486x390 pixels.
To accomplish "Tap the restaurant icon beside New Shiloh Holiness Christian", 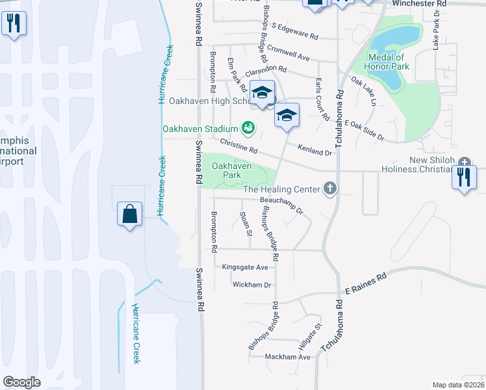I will (x=464, y=176).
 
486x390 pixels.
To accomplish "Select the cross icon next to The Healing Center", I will (x=330, y=189).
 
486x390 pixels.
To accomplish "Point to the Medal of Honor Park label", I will (x=389, y=62).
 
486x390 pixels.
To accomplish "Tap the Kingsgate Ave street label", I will (x=245, y=267).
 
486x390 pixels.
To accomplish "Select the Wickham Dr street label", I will (x=252, y=285).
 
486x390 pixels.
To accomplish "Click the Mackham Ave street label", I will (x=288, y=357).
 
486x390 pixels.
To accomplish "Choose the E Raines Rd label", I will (x=365, y=283).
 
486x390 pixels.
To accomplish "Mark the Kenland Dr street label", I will (x=314, y=151).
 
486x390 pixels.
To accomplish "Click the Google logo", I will (x=21, y=382).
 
